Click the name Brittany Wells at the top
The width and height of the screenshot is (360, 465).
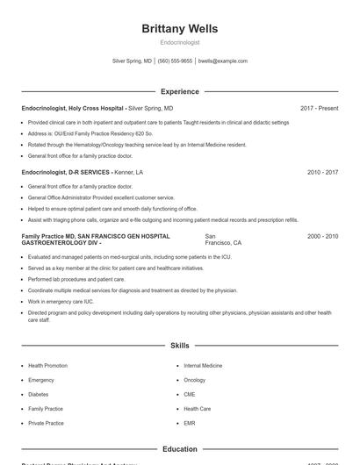(179, 29)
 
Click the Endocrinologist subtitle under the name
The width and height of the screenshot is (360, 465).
(179, 42)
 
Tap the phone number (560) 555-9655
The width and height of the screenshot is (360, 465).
(175, 61)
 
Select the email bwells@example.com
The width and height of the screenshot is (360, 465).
(223, 61)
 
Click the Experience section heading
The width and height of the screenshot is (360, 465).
(179, 91)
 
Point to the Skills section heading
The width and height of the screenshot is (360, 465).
(179, 347)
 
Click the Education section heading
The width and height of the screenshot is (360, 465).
(179, 449)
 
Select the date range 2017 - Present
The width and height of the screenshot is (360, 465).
(319, 108)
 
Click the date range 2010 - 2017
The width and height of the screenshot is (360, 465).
(322, 172)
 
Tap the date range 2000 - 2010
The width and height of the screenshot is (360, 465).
(322, 236)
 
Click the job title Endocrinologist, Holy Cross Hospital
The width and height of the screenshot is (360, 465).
(74, 108)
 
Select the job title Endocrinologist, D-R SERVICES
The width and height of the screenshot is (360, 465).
(66, 172)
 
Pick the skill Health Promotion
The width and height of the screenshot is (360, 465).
(47, 365)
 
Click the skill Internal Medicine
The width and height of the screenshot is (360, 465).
(203, 365)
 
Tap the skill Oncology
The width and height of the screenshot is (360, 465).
(194, 380)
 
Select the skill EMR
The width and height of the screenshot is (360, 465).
(190, 423)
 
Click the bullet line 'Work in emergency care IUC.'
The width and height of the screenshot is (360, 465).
(61, 301)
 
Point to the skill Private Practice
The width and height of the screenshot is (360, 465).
(46, 423)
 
